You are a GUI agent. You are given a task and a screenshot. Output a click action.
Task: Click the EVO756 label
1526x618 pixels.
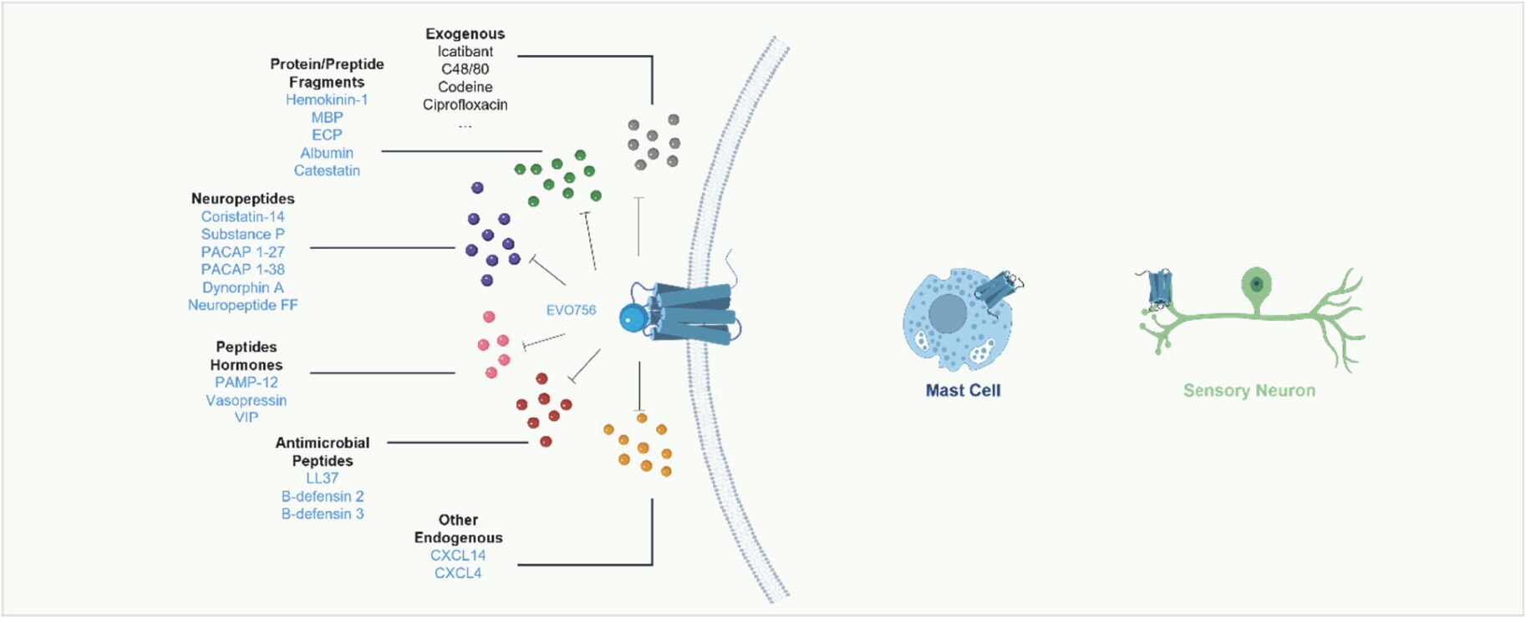(x=571, y=310)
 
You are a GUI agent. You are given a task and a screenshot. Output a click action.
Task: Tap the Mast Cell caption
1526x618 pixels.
(x=963, y=390)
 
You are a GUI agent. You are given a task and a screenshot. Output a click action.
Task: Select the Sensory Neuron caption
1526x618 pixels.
(x=1249, y=390)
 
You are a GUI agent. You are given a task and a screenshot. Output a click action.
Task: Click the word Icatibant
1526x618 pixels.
(x=465, y=52)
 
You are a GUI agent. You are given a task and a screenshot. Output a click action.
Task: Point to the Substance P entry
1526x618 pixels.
(x=242, y=234)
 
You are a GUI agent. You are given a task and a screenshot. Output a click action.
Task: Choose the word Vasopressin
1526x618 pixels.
(x=246, y=400)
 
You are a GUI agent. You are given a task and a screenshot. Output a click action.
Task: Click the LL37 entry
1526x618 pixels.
(x=322, y=479)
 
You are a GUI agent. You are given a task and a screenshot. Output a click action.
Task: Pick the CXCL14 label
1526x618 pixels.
(x=458, y=555)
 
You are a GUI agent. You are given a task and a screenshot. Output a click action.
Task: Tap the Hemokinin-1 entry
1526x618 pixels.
(x=327, y=99)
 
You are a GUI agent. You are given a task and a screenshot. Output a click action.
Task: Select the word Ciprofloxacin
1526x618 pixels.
(x=465, y=104)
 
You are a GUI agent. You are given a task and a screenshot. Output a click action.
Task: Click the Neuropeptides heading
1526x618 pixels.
(x=242, y=199)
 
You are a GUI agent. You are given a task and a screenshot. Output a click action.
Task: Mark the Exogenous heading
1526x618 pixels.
(x=465, y=33)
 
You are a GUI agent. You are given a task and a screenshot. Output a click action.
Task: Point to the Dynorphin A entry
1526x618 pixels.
(x=242, y=287)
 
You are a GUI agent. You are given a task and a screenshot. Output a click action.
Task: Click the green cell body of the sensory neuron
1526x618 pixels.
(x=1254, y=284)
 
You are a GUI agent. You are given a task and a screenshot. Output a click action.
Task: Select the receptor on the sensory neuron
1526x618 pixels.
(x=1160, y=289)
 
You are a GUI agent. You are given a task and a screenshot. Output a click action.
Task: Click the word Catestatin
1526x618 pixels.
(x=327, y=170)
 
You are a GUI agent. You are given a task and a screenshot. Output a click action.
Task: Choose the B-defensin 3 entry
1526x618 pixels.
(x=322, y=514)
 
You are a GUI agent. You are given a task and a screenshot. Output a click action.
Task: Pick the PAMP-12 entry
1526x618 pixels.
(x=246, y=382)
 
